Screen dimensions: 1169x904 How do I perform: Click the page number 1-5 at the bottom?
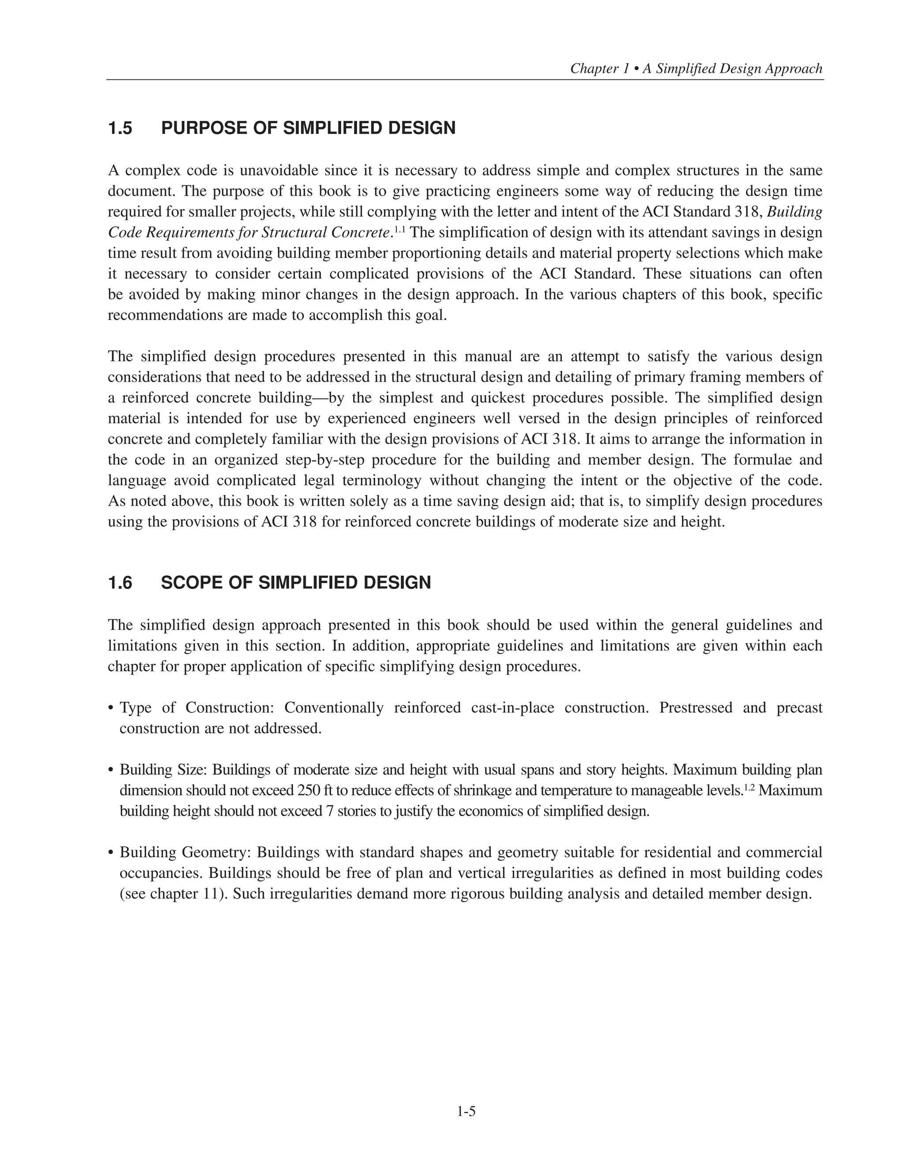click(466, 1112)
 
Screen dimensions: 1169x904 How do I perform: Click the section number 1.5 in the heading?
click(121, 128)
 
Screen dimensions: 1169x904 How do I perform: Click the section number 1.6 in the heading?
click(121, 583)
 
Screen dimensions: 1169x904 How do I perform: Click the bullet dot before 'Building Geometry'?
click(111, 853)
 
